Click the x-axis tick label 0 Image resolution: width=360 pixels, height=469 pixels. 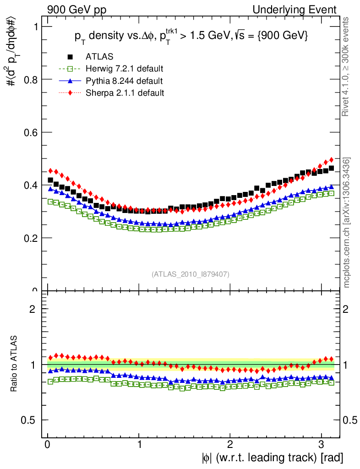coord(48,445)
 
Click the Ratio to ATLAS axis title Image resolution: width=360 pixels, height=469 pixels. coord(15,365)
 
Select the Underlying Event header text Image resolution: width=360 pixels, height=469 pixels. coord(303,10)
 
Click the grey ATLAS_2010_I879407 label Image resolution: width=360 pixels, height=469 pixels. coord(191,274)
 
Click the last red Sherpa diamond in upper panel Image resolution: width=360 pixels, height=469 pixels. coord(331,160)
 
